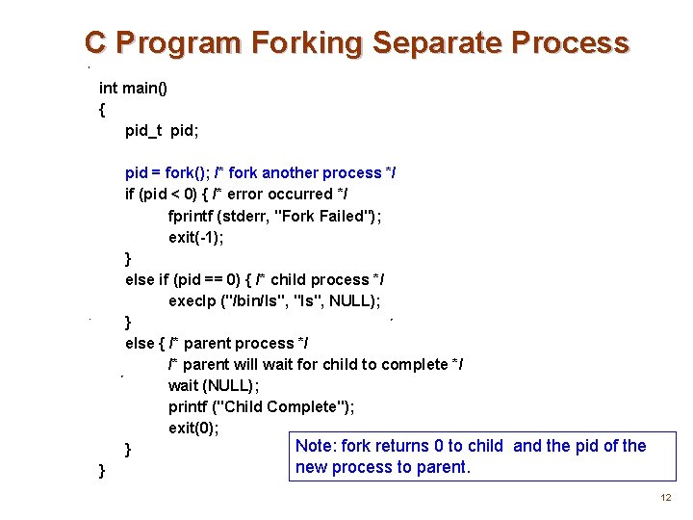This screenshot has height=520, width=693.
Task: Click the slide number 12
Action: point(665,498)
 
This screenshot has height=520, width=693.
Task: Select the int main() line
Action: point(133,88)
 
